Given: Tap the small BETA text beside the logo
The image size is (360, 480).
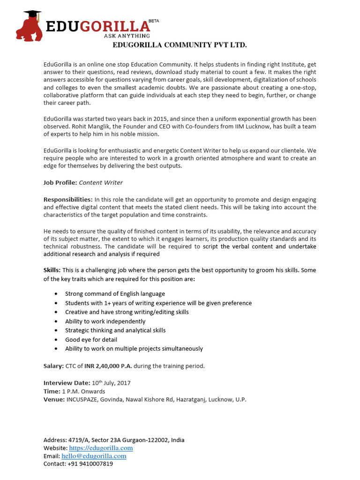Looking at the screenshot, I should [x=153, y=21].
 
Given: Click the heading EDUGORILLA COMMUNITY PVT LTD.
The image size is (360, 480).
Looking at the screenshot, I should [x=180, y=45].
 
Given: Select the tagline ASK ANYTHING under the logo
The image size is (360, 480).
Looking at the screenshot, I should [x=127, y=36].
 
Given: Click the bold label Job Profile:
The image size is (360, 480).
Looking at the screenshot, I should [x=60, y=182].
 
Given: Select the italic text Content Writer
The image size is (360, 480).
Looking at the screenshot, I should [x=101, y=182].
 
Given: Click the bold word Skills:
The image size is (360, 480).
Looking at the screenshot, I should [x=52, y=270].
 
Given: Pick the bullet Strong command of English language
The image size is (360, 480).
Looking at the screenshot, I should [x=115, y=294].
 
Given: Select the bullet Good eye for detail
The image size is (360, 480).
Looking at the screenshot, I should [x=91, y=339].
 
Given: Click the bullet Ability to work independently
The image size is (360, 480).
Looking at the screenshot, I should [x=105, y=321].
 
